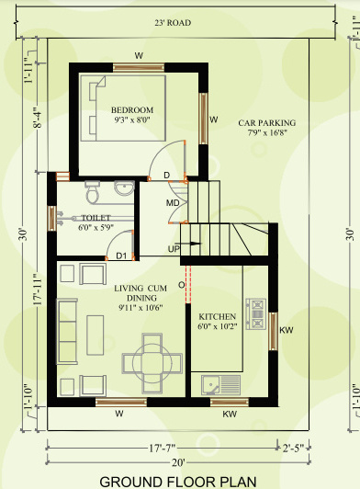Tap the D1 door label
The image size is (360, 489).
pyautogui.click(x=120, y=256)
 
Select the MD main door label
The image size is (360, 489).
pyautogui.click(x=172, y=202)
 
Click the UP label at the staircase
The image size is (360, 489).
pyautogui.click(x=173, y=248)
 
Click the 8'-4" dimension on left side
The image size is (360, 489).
pyautogui.click(x=35, y=117)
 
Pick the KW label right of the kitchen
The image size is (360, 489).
pyautogui.click(x=285, y=330)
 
